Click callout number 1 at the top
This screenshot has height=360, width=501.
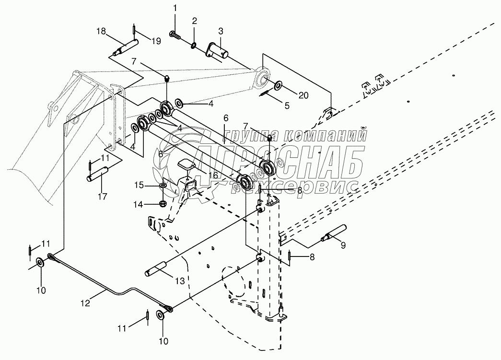(x=175, y=8)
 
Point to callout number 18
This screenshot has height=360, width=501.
(x=101, y=32)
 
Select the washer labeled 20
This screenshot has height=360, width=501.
(x=279, y=86)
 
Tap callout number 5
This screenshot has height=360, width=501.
(x=287, y=106)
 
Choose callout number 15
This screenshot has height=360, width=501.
(x=138, y=185)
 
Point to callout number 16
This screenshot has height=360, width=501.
(x=214, y=175)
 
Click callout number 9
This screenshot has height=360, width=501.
(x=342, y=246)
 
